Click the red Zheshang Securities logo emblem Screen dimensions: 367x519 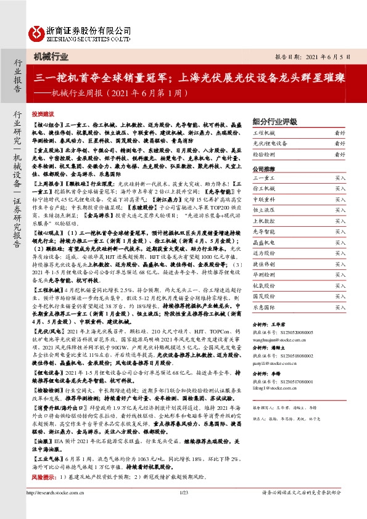pos(38,30)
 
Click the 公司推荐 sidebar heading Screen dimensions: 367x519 pos(263,168)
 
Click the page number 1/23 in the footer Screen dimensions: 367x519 pos(183,509)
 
